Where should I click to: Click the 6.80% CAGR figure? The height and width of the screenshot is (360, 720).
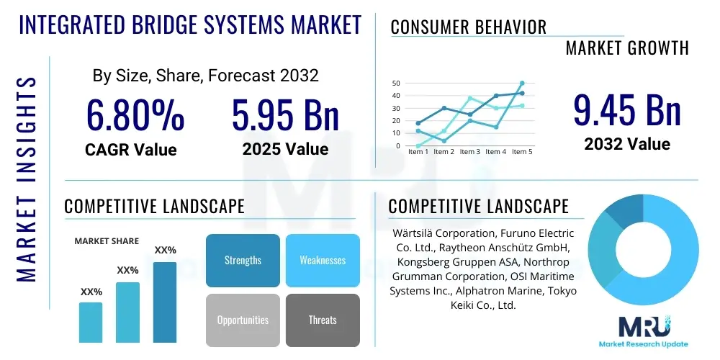click(135, 115)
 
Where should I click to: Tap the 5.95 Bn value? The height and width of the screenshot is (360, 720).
click(285, 115)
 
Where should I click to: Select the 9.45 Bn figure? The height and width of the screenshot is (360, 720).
click(627, 110)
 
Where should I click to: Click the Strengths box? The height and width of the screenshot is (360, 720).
click(243, 260)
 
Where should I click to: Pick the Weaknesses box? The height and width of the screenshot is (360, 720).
click(323, 260)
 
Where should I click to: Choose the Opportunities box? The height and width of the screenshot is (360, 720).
click(243, 320)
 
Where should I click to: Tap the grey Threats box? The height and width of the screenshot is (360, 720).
click(323, 320)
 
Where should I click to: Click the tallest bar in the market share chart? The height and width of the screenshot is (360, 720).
click(165, 302)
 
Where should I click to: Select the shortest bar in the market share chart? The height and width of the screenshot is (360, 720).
click(91, 322)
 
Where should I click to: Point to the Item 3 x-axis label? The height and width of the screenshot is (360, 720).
click(470, 152)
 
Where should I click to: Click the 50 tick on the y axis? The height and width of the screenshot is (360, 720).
click(396, 84)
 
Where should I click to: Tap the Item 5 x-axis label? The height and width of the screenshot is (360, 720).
click(521, 152)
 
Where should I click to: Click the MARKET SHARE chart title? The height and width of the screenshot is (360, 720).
click(107, 241)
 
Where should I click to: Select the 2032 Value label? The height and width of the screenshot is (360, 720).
click(627, 144)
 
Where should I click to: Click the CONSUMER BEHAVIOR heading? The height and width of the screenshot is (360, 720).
click(469, 27)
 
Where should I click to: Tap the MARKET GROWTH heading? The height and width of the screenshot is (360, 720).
click(627, 48)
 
